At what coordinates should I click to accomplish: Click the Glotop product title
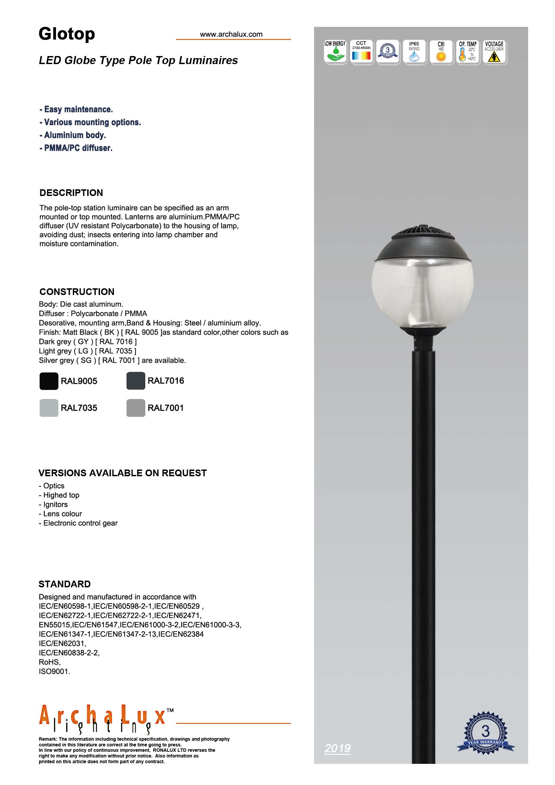pyautogui.click(x=67, y=34)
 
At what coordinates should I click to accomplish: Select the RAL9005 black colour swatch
pyautogui.click(x=49, y=381)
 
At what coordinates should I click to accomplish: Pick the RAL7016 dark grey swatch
pyautogui.click(x=136, y=381)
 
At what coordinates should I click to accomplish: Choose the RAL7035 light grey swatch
pyautogui.click(x=49, y=407)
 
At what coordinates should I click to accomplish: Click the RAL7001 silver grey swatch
pyautogui.click(x=136, y=407)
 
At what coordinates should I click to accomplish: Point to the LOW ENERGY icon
pyautogui.click(x=335, y=52)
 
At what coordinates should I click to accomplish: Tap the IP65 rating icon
pyautogui.click(x=414, y=52)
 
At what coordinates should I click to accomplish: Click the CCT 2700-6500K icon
pyautogui.click(x=361, y=52)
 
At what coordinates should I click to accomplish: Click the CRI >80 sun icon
pyautogui.click(x=441, y=52)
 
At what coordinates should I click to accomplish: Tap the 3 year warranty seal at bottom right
pyautogui.click(x=485, y=733)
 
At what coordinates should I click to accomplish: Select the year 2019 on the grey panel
pyautogui.click(x=337, y=748)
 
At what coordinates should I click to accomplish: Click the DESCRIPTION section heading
pyautogui.click(x=71, y=193)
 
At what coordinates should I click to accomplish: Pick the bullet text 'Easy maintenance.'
pyautogui.click(x=78, y=109)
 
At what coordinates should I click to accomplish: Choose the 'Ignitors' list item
pyautogui.click(x=55, y=504)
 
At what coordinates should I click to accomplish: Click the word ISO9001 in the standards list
pyautogui.click(x=54, y=671)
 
